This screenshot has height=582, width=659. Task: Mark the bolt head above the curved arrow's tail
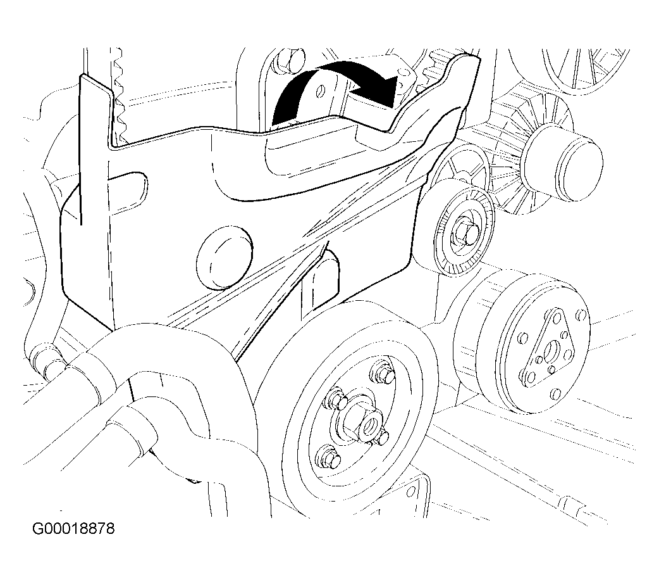click(286, 61)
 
